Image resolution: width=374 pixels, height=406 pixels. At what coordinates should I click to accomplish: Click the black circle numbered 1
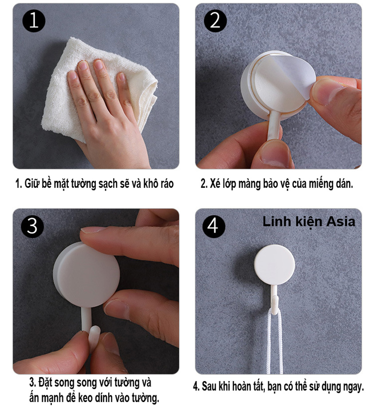tap(34, 21)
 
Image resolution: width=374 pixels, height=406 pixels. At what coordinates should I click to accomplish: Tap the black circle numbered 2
tap(215, 21)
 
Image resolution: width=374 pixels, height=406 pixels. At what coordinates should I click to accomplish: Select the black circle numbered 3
tap(32, 226)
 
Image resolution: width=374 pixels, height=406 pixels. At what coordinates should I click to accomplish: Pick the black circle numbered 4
tap(214, 226)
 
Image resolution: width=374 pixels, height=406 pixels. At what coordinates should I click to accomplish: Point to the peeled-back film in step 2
tap(298, 75)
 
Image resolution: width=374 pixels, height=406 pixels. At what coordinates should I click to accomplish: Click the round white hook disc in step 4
tap(275, 265)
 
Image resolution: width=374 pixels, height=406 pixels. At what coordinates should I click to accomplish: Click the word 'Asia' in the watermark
tap(341, 222)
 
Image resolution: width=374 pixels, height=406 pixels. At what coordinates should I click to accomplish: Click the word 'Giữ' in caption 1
tap(31, 184)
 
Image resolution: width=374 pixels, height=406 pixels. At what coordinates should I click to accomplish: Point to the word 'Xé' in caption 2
tap(215, 183)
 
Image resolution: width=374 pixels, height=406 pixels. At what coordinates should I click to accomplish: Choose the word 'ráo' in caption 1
tap(166, 183)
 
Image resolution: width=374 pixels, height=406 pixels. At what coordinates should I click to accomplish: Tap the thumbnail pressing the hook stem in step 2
tap(275, 153)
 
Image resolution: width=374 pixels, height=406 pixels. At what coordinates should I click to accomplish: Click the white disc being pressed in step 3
tap(87, 274)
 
